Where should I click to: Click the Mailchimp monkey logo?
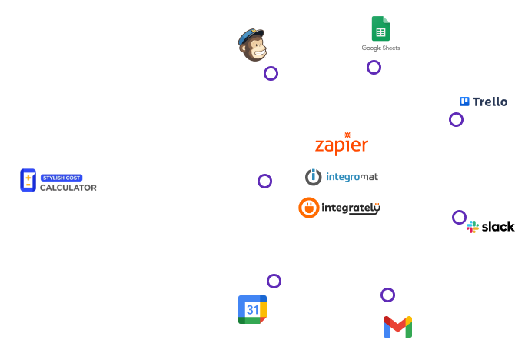pos(252,45)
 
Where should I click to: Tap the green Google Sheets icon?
pos(380,28)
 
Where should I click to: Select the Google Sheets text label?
pos(380,48)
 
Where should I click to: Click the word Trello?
pos(490,102)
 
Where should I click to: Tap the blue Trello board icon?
pos(464,102)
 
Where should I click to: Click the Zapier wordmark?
pos(341,145)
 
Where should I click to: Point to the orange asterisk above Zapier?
pos(347,135)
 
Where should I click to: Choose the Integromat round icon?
pos(314,177)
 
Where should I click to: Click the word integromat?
pos(352,177)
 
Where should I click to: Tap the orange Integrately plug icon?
pos(309,208)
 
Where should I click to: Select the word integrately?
pos(351,208)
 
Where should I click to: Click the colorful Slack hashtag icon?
pos(473,227)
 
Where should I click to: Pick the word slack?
pos(498,227)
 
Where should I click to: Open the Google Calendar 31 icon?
pos(252,309)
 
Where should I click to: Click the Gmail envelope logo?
pos(397,327)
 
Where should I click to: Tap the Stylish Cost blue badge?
pos(61,178)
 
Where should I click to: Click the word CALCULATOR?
pos(68,188)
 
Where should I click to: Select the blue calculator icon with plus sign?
pos(28,180)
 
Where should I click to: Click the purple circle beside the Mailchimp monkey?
pos(271,67)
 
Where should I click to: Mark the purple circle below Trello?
pos(456,113)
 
